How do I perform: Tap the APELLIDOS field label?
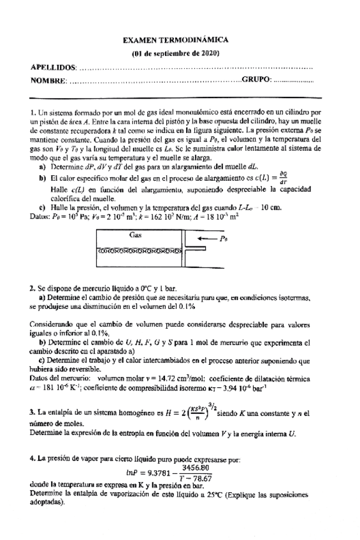pyautogui.click(x=53, y=67)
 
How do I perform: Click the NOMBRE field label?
pyautogui.click(x=48, y=80)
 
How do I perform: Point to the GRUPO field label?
pyautogui.click(x=256, y=80)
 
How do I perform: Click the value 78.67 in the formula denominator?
pyautogui.click(x=204, y=478)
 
